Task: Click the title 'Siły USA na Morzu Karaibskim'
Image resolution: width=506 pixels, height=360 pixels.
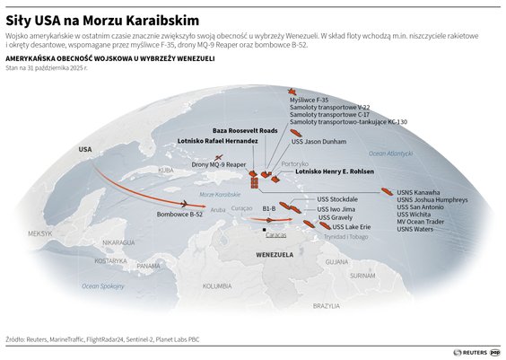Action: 102,20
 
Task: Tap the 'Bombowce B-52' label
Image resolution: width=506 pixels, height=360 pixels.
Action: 179,215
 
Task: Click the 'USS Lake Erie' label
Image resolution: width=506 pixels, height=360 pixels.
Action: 340,227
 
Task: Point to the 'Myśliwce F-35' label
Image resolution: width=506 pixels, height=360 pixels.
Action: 309,100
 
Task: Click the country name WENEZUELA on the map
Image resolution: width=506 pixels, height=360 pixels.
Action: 276,254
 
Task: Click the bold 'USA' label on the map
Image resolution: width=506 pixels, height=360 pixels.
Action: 85,148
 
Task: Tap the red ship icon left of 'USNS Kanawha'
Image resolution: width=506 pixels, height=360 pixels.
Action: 386,191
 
